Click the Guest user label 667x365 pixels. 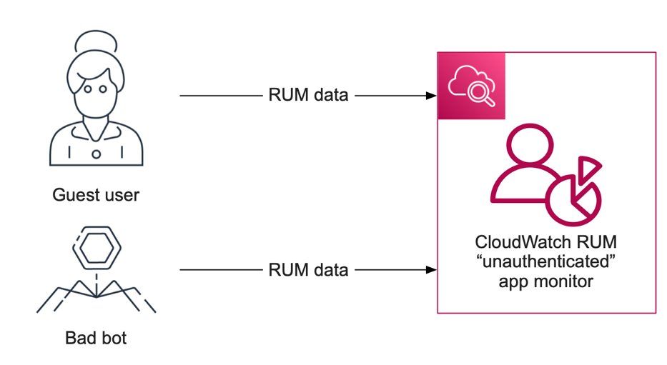point(96,195)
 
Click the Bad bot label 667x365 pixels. point(96,337)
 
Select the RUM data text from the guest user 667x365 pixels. point(308,95)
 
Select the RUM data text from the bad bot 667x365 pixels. point(308,270)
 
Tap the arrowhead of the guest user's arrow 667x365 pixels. point(431,95)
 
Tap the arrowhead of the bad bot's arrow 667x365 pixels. point(431,270)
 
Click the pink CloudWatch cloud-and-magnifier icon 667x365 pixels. point(471,86)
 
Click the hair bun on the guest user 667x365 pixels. point(96,41)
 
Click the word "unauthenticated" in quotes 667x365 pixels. point(546,261)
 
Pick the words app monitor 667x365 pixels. point(546,281)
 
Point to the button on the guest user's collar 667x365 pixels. point(96,154)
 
